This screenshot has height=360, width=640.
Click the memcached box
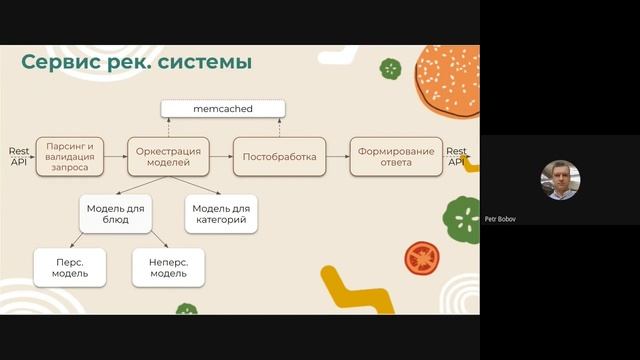pos(223,107)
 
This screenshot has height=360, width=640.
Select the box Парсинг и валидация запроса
pos(70,157)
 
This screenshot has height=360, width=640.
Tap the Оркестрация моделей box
pos(168,157)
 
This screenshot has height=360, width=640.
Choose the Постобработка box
pos(280,157)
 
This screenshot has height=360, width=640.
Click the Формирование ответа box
pos(396,157)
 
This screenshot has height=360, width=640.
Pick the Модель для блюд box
pos(116,213)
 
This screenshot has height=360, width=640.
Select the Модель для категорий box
pos(216,213)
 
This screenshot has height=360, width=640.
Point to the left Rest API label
pos(19,156)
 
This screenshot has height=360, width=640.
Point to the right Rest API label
pos(456,156)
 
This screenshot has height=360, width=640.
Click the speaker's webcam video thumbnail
pos(560,180)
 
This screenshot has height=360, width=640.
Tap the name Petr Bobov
pos(503,219)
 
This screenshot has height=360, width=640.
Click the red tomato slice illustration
pos(423,258)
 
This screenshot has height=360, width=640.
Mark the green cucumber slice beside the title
pos(390,69)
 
